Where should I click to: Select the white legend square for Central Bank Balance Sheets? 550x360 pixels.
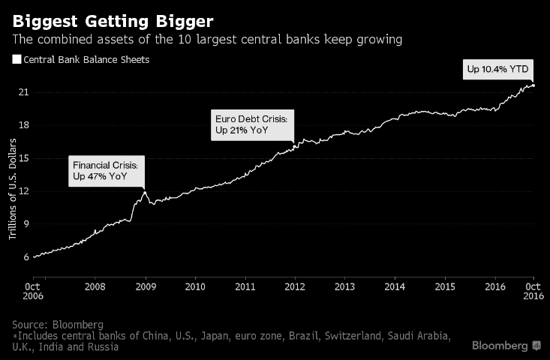[x=17, y=59]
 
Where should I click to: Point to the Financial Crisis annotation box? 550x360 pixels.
[x=106, y=170]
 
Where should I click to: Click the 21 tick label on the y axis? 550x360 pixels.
[x=24, y=92]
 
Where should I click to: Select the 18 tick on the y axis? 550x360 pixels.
[x=24, y=125]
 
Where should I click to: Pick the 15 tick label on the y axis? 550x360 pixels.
[x=24, y=158]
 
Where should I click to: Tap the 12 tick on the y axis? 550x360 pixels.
[x=24, y=191]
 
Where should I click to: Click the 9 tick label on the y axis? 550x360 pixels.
[x=26, y=224]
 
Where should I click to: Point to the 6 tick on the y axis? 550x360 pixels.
[x=26, y=257]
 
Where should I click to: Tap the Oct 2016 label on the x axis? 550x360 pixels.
[x=533, y=291]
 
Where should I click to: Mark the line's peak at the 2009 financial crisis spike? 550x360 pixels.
[x=144, y=192]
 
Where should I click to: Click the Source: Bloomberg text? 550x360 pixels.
[x=58, y=324]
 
